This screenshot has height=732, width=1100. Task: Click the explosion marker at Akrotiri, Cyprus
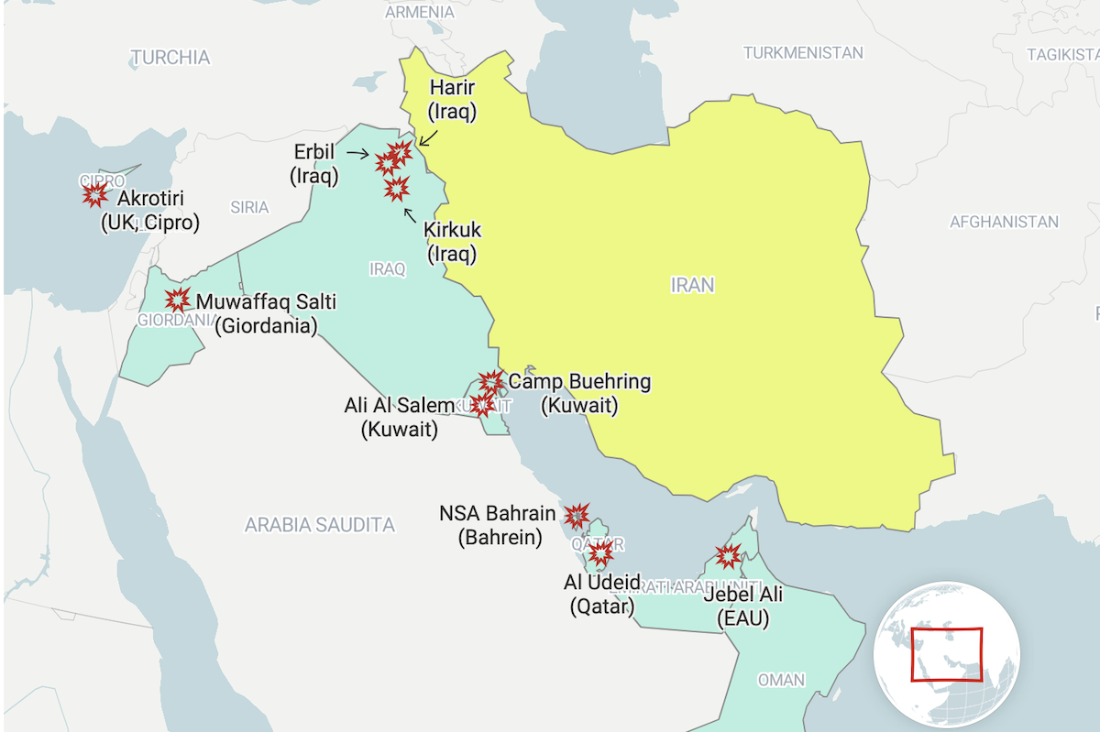click(x=94, y=194)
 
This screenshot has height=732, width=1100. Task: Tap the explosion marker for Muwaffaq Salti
click(x=177, y=299)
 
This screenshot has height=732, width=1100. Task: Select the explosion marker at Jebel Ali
click(x=729, y=554)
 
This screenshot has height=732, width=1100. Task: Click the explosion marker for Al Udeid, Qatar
click(x=600, y=552)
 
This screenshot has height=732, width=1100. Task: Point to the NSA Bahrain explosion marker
click(x=577, y=516)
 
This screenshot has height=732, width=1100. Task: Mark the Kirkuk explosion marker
click(x=396, y=189)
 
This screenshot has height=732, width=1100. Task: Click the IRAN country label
click(x=692, y=285)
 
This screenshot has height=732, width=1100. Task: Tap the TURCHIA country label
click(x=170, y=58)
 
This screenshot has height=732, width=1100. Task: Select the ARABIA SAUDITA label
click(x=319, y=525)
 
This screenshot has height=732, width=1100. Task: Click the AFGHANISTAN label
click(x=1004, y=222)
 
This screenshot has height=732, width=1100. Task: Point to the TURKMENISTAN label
click(x=803, y=53)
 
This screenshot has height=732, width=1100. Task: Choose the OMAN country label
click(x=781, y=680)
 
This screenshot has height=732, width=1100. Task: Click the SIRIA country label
click(x=249, y=207)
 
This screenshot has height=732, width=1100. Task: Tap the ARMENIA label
click(x=419, y=12)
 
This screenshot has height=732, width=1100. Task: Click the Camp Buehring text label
click(x=579, y=381)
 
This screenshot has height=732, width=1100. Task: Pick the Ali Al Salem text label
click(x=399, y=405)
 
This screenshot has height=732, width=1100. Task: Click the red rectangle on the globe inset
click(x=946, y=654)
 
